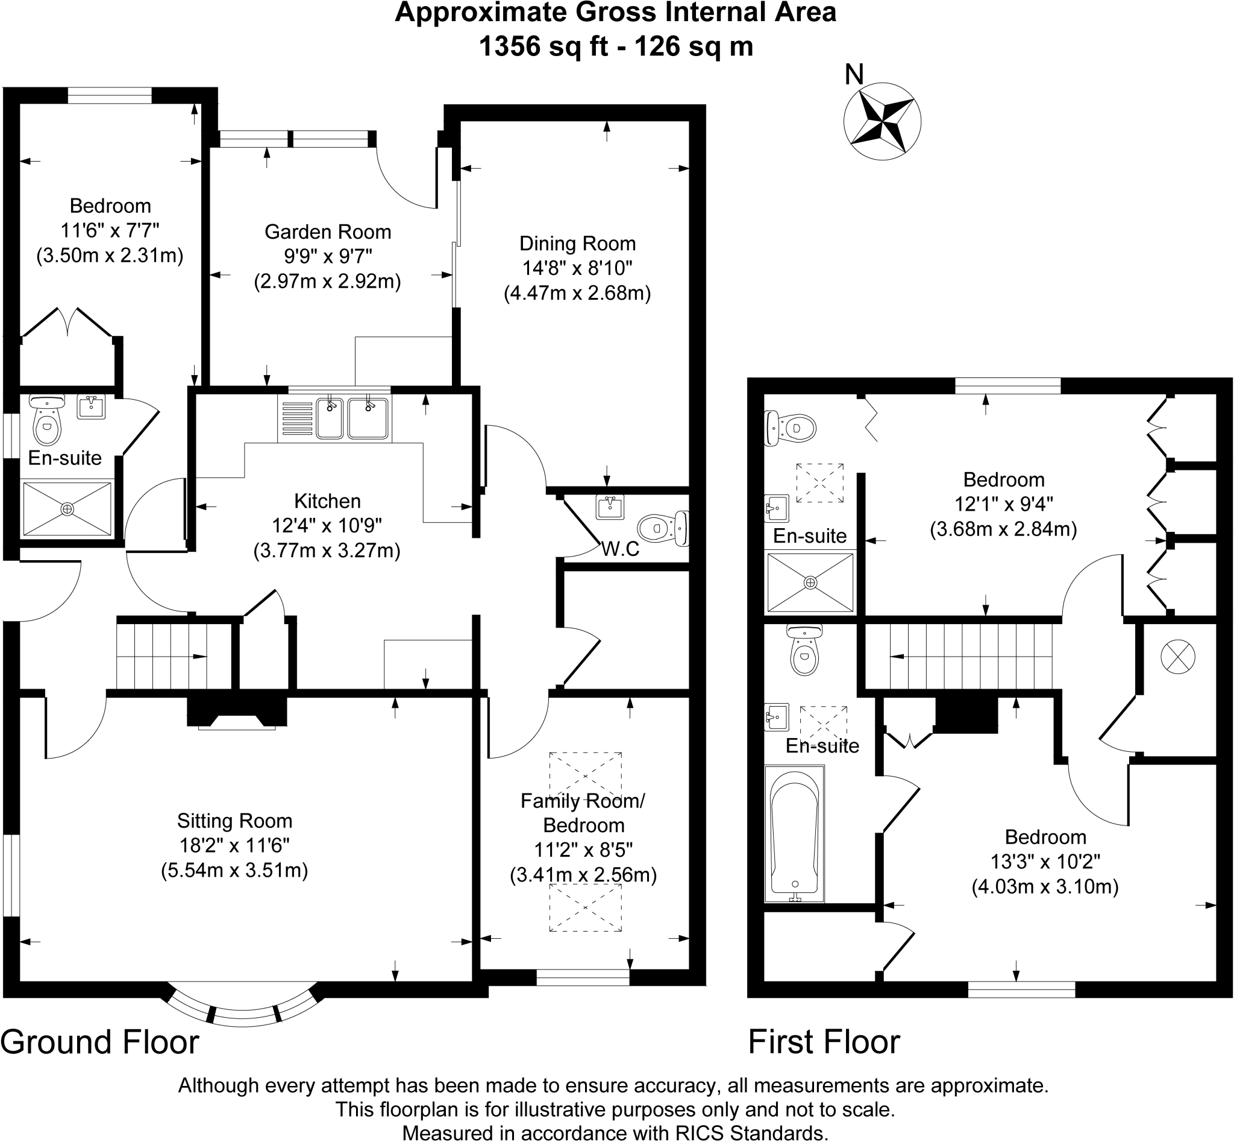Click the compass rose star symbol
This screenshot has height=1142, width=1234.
click(x=882, y=121)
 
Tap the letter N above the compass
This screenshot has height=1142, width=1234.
click(x=854, y=75)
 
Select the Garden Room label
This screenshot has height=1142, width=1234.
click(x=328, y=232)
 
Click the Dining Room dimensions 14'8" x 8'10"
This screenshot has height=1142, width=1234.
click(x=577, y=268)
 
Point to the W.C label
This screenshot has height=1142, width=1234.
click(x=620, y=549)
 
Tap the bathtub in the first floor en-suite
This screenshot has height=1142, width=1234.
click(x=794, y=834)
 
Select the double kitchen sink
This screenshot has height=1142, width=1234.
click(x=352, y=418)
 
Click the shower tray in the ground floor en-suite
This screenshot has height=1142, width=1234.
click(x=67, y=508)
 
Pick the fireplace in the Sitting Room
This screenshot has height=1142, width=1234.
click(x=237, y=713)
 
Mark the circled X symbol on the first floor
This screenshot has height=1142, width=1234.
click(x=1178, y=656)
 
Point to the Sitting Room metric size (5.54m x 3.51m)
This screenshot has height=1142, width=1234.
click(x=235, y=870)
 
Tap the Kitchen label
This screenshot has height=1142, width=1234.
click(x=327, y=500)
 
